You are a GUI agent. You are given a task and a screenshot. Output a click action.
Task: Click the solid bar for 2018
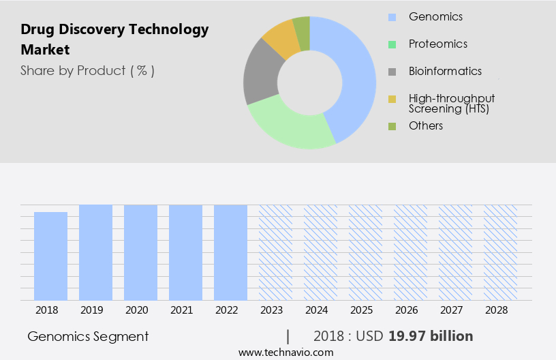pyautogui.click(x=50, y=256)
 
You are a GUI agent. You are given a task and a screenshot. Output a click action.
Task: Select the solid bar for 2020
pyautogui.click(x=140, y=252)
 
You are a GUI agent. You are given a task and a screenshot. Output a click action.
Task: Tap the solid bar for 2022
pyautogui.click(x=230, y=252)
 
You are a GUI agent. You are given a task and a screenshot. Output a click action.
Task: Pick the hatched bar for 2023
pyautogui.click(x=275, y=252)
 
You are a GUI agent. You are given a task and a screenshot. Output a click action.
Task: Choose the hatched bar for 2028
pyautogui.click(x=500, y=252)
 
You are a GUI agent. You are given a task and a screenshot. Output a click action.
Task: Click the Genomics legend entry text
pyautogui.click(x=435, y=16)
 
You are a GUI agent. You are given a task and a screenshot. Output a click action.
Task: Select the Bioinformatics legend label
pyautogui.click(x=445, y=72)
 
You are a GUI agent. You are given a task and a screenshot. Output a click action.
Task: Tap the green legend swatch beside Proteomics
pyautogui.click(x=392, y=44)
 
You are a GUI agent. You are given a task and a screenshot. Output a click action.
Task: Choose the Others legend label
pyautogui.click(x=426, y=126)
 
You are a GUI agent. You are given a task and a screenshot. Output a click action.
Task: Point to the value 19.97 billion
pyautogui.click(x=431, y=336)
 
